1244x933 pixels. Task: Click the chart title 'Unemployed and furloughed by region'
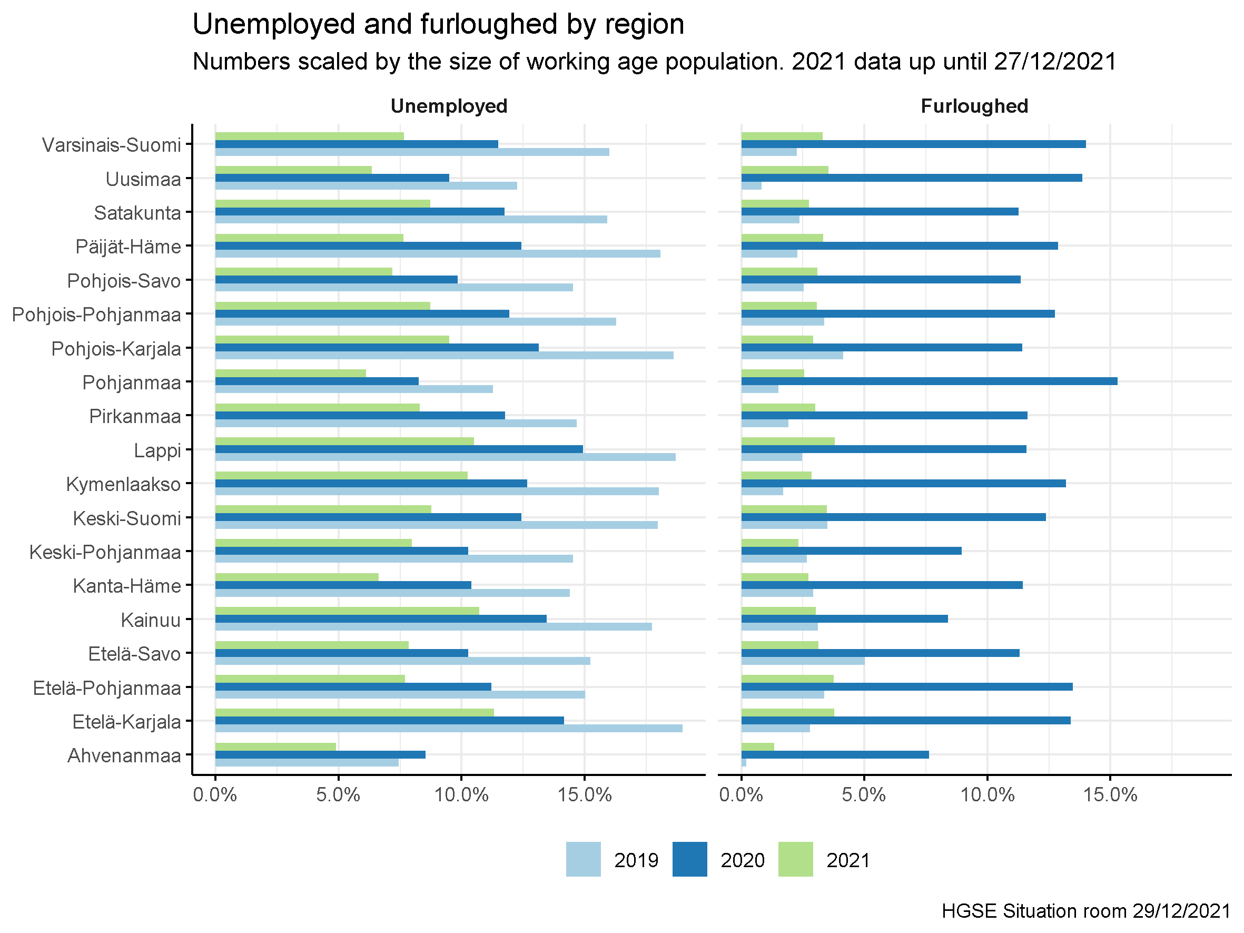[438, 25]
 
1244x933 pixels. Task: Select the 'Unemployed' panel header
[449, 106]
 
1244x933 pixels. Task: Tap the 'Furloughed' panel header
[974, 106]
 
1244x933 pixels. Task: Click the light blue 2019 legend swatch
[583, 859]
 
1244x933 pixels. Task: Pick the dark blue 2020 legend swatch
[689, 859]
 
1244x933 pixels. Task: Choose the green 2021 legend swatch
[795, 859]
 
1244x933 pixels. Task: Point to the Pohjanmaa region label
[132, 382]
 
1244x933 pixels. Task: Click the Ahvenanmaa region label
[124, 755]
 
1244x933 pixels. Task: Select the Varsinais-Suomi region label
[111, 145]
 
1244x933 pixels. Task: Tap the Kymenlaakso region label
[124, 484]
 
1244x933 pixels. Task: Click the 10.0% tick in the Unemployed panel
[461, 794]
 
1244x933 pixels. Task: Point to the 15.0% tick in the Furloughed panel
[1110, 794]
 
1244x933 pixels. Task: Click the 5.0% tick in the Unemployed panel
[338, 794]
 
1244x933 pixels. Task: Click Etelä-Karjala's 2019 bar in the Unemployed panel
[449, 728]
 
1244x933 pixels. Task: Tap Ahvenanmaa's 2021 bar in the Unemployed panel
[275, 747]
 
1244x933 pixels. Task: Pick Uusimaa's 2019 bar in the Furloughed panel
[752, 185]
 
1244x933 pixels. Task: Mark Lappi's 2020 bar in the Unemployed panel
[399, 449]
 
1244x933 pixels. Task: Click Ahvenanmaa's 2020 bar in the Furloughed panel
[835, 755]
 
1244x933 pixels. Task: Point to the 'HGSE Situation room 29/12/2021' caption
[1086, 911]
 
